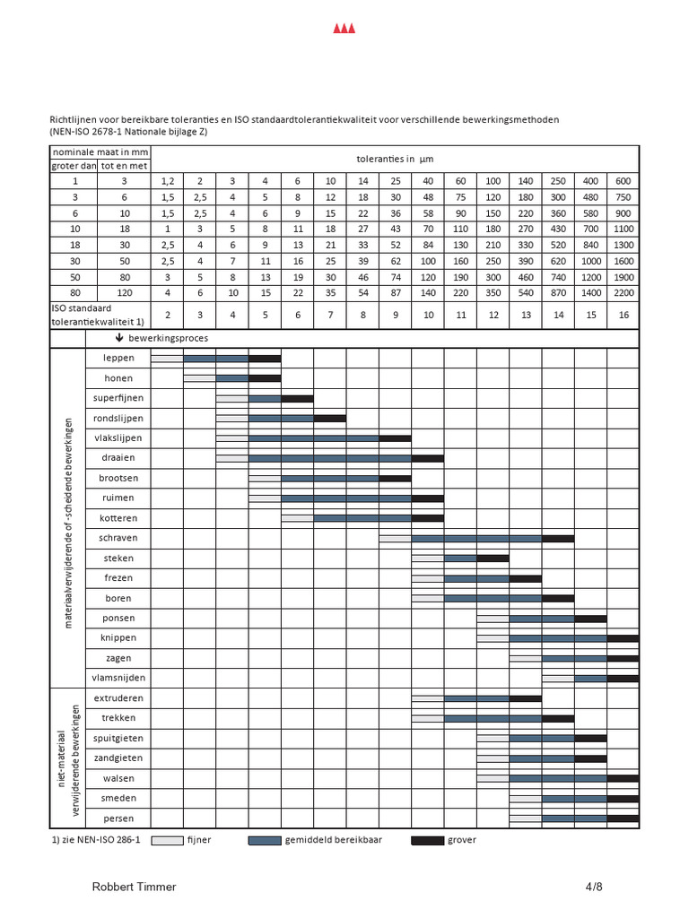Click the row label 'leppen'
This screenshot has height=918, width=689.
click(x=118, y=359)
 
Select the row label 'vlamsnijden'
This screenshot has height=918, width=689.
click(x=118, y=678)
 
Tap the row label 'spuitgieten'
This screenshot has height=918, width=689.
click(x=118, y=738)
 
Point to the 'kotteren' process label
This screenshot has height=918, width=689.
click(x=118, y=518)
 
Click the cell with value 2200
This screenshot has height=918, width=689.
click(x=623, y=293)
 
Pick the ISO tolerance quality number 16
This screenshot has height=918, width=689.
click(x=623, y=315)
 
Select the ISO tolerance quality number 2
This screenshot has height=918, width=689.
click(x=167, y=315)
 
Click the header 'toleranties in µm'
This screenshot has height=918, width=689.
click(x=395, y=159)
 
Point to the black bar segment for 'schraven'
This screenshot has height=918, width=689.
click(x=558, y=538)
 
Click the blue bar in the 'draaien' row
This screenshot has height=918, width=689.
click(x=329, y=458)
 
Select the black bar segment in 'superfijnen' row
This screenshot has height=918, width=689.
click(x=297, y=398)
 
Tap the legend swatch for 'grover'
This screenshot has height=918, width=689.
click(x=427, y=840)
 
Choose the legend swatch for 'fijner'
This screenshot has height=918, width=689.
click(x=167, y=840)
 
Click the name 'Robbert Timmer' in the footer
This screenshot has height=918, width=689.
click(x=135, y=887)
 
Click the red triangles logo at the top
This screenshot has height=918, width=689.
click(x=344, y=30)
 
